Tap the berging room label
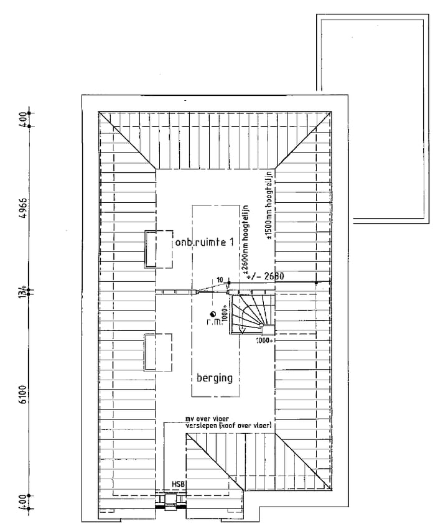tap(214, 377)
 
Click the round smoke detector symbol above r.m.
tap(213, 314)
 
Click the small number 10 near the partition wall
tap(219, 280)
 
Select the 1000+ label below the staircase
tap(265, 340)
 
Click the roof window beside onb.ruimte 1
tap(159, 248)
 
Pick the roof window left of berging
tap(158, 353)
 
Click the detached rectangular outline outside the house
tap(370, 118)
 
